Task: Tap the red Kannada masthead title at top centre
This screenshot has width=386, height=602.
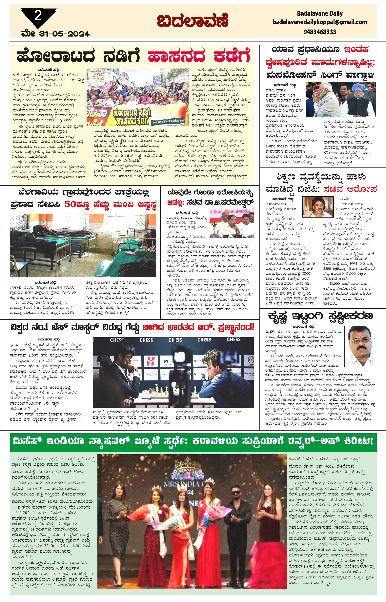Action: (193, 22)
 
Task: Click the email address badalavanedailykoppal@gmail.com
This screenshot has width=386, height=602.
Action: (320, 22)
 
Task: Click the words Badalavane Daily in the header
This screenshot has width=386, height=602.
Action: (320, 13)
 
